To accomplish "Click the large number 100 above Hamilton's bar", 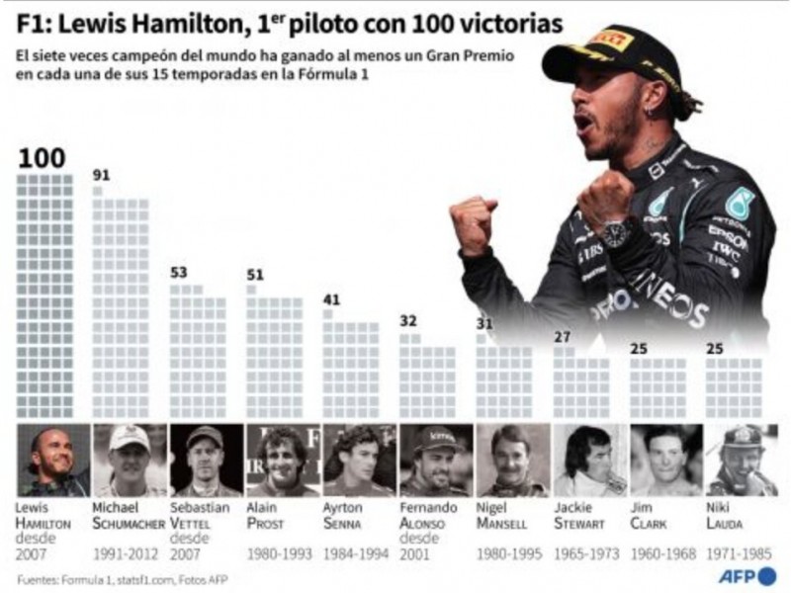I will pos(42,158).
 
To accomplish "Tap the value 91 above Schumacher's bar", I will pos(101,176).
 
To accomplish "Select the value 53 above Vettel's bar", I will pos(179,272).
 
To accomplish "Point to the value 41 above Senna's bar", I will pos(332,299).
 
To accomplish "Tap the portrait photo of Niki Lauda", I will pos(742,460).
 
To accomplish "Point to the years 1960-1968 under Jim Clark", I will pos(664,554).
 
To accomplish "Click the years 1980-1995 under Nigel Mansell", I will pos(511,554).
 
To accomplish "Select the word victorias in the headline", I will pos(519,22).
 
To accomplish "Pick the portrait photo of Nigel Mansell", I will pos(512,460).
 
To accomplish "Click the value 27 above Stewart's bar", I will pos(562,337).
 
